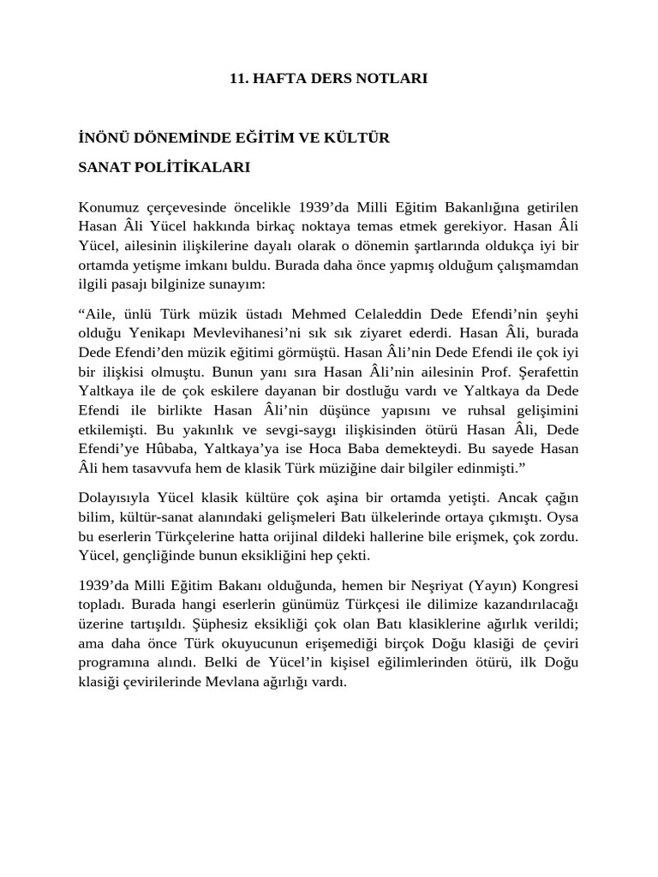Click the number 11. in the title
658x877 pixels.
[x=239, y=78]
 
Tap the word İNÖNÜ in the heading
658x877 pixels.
[x=102, y=138]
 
